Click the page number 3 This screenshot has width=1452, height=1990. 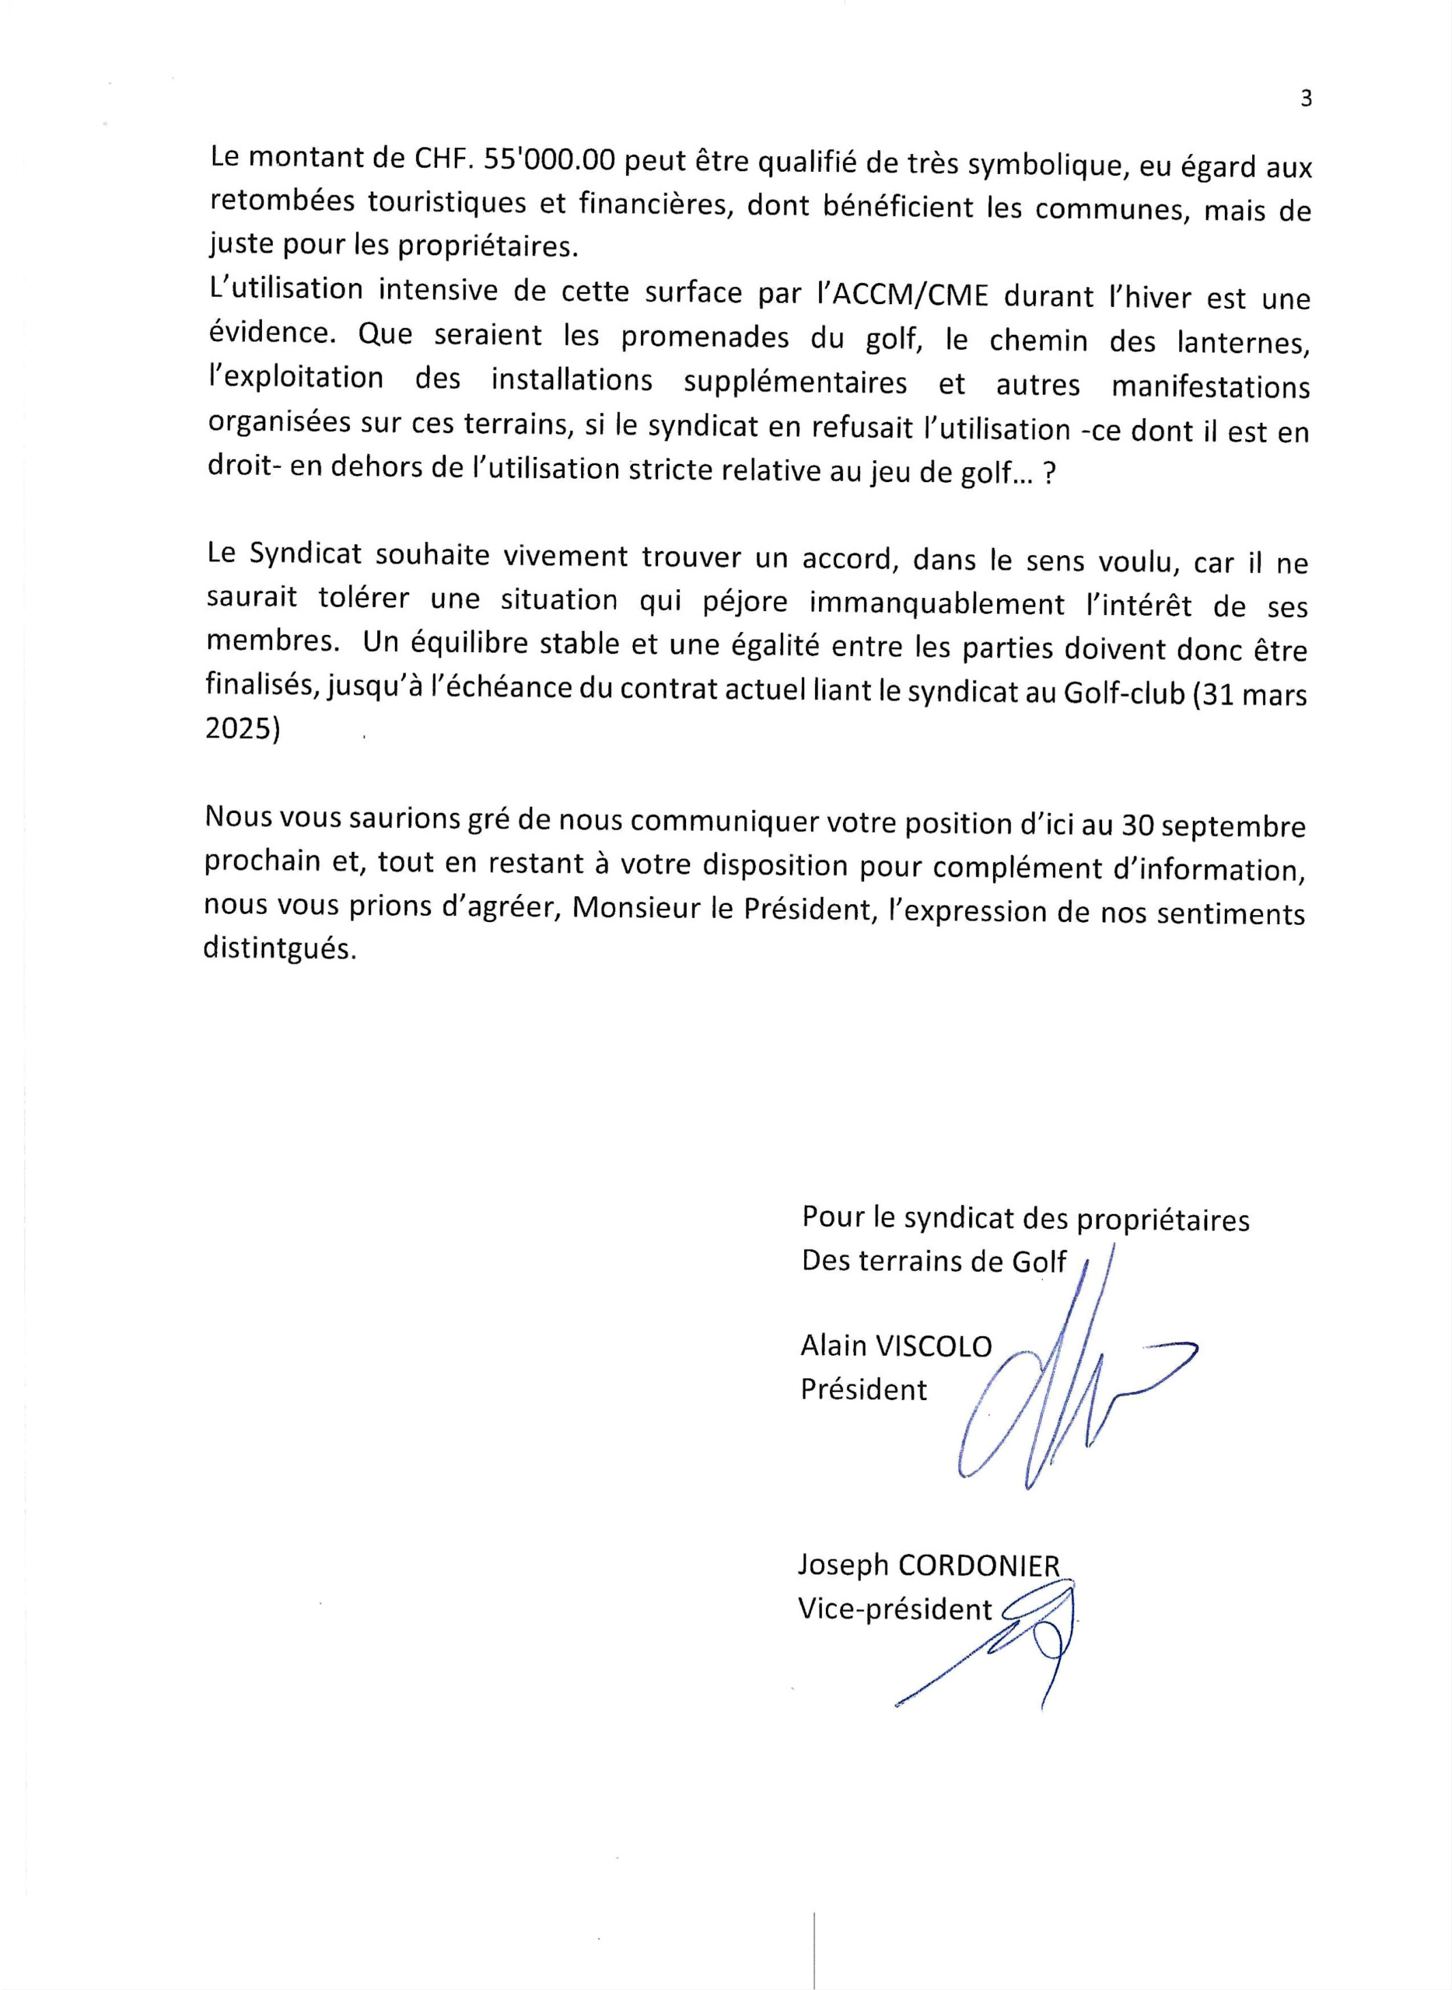click(x=1305, y=99)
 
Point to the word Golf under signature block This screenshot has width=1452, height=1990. click(x=1039, y=1262)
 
